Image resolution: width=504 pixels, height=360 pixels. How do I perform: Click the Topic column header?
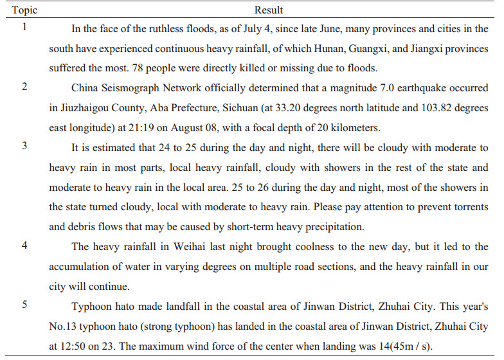(x=22, y=10)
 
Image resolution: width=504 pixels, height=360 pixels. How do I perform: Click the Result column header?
(x=269, y=10)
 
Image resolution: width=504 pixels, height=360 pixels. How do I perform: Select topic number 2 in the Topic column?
(x=24, y=86)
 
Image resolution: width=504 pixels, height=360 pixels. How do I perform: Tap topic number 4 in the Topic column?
(x=24, y=247)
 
